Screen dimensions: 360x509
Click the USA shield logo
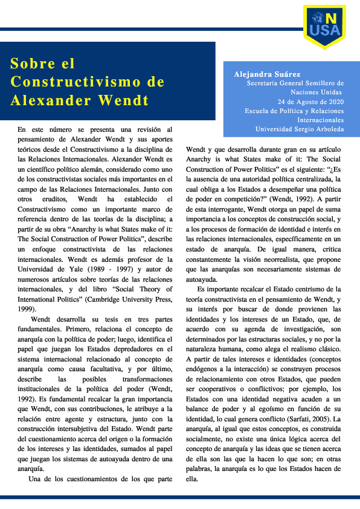coord(324,24)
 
